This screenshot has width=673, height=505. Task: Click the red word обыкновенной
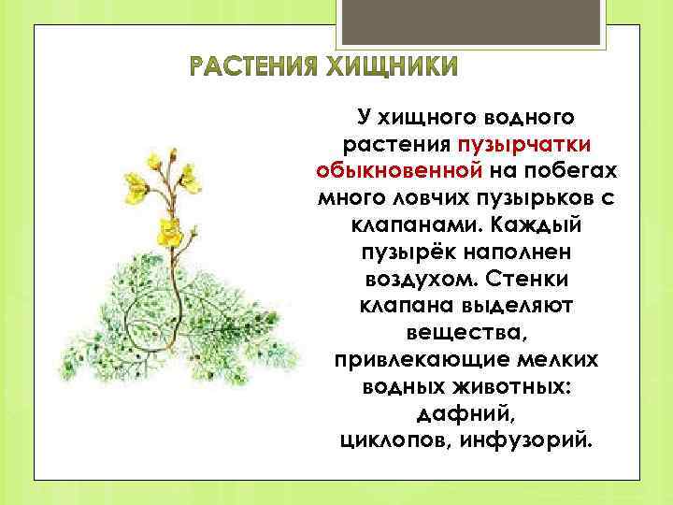tap(399, 172)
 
